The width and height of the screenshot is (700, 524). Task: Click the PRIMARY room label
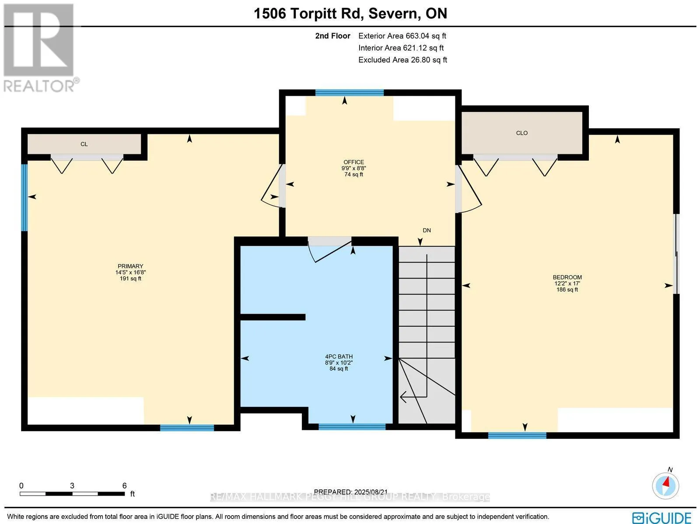coord(130,266)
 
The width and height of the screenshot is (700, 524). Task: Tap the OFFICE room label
coord(353,162)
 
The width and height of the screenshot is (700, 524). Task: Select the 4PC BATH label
coord(339,356)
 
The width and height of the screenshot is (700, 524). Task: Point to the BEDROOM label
coord(567,277)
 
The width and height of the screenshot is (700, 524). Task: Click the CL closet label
coord(84,144)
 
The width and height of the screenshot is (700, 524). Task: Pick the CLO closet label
coord(522,133)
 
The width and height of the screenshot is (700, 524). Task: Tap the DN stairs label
coord(427,231)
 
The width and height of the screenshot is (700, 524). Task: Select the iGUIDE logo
coord(662,517)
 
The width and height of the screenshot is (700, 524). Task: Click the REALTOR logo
coord(40,48)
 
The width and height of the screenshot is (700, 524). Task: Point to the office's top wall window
coord(350,93)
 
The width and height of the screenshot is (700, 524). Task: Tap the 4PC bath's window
coord(352,426)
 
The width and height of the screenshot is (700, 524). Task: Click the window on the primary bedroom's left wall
coord(24,197)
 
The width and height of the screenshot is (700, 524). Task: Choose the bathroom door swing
coord(329,250)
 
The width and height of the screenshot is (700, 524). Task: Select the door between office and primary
coord(273,186)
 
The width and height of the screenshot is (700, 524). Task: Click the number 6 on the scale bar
coord(124,486)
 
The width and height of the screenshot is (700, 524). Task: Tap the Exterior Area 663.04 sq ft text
coord(402,36)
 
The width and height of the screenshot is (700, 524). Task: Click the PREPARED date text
coord(351,492)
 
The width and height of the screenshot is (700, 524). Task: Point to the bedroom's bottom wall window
coord(517,435)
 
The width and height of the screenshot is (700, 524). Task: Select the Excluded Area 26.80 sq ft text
coord(403,60)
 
